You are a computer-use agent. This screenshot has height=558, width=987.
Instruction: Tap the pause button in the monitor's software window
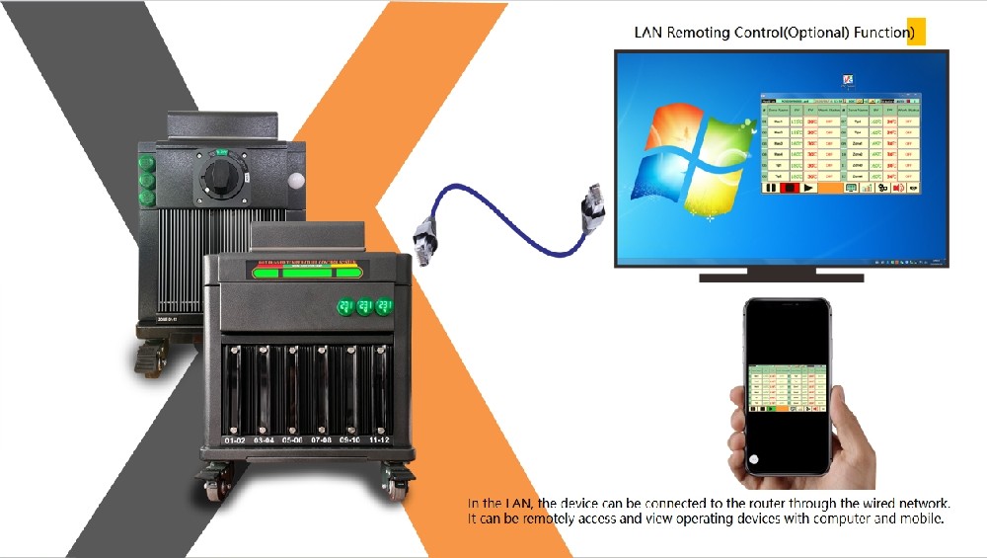771,187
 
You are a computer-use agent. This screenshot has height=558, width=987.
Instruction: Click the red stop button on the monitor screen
790,187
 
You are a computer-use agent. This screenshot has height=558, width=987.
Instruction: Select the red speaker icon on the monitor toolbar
897,187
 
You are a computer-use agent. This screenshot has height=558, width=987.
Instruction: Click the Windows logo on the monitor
682,148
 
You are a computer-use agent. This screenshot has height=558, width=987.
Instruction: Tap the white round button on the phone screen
754,458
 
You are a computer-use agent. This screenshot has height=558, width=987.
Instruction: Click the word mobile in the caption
922,518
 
